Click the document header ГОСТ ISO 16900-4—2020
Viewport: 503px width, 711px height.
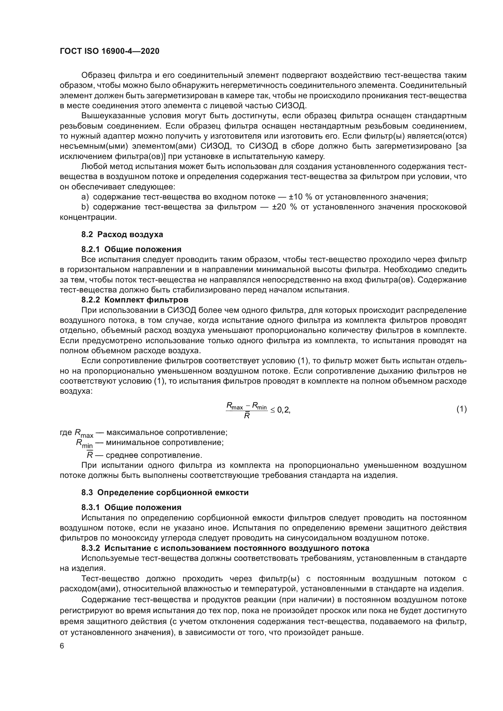(109, 51)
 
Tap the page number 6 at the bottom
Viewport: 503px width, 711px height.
(62, 646)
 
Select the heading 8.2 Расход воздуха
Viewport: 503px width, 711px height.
(122, 234)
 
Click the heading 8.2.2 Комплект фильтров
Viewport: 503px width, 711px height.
(135, 300)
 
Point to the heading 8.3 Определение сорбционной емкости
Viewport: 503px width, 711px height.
(165, 492)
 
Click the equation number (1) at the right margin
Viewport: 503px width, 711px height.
(461, 409)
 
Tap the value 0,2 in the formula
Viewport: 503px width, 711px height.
(283, 410)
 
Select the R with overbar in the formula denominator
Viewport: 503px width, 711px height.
(247, 416)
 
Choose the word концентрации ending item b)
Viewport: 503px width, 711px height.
(88, 217)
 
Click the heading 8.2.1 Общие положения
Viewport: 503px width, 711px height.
(131, 249)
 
